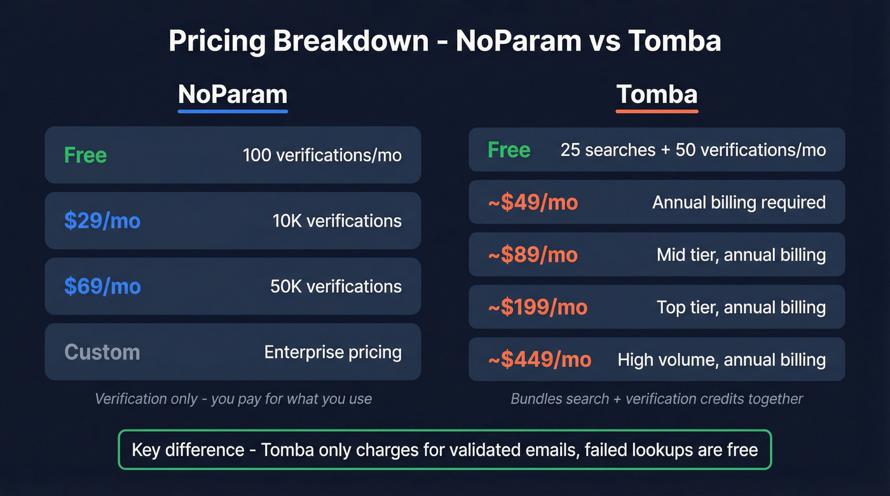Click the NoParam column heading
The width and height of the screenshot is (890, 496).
point(233,94)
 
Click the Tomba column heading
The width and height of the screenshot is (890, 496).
point(657,94)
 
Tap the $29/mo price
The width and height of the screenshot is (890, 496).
point(102,220)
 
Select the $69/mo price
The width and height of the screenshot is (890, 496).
point(102,286)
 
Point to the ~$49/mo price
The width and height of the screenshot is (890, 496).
point(533,202)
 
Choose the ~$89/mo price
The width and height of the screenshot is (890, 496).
point(533,255)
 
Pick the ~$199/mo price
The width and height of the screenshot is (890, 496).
point(537,307)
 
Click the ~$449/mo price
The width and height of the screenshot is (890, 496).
point(539,359)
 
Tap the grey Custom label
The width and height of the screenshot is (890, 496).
point(102,352)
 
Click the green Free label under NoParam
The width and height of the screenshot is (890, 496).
point(85,155)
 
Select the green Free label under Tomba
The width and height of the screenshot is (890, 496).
point(509,150)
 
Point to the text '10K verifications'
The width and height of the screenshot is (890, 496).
point(337,220)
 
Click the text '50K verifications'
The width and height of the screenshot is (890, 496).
point(336,286)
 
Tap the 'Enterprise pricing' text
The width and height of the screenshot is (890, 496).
point(332,352)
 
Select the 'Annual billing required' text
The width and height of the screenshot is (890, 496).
point(739,202)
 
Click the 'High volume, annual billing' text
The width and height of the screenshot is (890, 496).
point(722,359)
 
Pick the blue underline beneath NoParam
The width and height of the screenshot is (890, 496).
point(233,112)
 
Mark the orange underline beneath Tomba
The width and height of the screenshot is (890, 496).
point(657,112)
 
